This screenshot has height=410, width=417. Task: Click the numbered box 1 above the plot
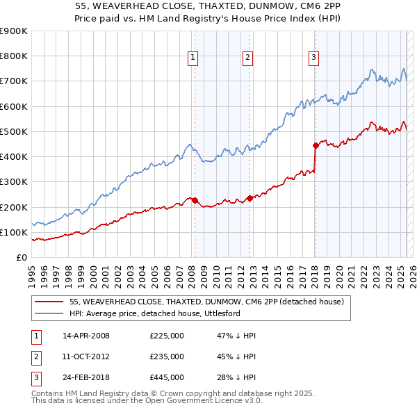pos(192,58)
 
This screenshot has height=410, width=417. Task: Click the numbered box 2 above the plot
pos(247,58)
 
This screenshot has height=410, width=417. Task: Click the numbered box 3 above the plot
pos(313,58)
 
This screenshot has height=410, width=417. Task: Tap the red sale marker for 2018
pos(316,145)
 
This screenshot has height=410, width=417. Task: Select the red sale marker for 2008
pos(195,201)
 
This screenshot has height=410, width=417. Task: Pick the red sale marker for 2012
pos(250,198)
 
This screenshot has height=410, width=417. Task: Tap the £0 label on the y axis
pos(21,257)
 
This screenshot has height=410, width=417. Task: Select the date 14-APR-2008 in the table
pos(86,336)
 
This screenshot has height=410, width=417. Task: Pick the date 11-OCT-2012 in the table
pos(86,356)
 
